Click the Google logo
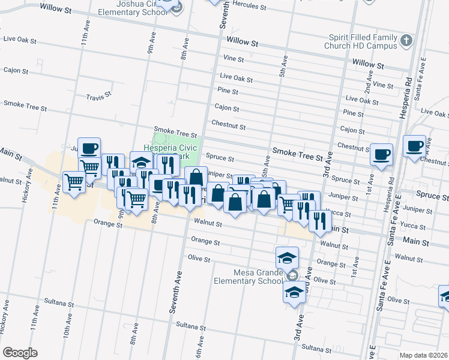20,353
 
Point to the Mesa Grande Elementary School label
248,275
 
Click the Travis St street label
99,95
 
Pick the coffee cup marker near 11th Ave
89,148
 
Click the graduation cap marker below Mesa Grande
294,292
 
